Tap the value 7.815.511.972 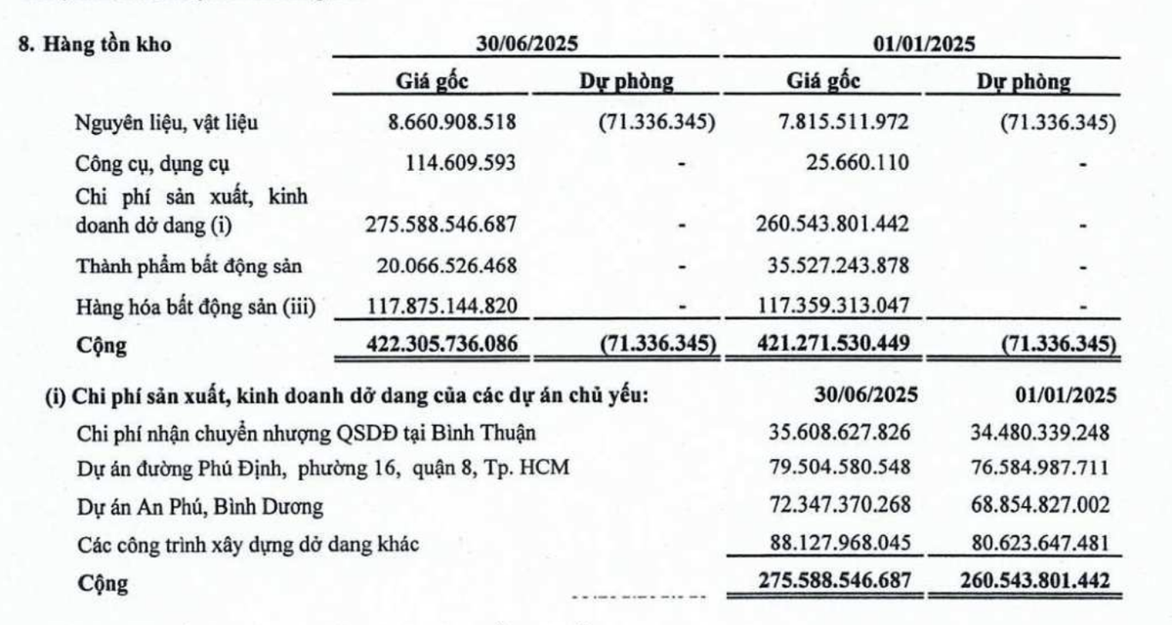834,123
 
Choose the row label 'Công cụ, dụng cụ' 155,163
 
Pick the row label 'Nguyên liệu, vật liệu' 169,124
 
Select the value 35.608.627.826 834,432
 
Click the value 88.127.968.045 834,544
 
